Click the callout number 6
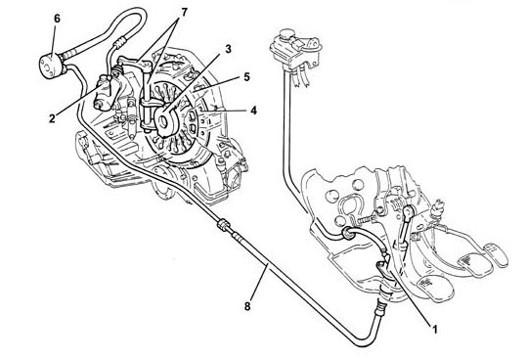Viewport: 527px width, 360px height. click(57, 19)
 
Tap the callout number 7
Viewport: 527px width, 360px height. click(184, 13)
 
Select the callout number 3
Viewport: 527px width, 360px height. click(228, 49)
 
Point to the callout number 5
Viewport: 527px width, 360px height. click(247, 77)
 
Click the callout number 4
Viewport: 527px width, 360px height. click(253, 111)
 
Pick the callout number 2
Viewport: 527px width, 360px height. click(52, 118)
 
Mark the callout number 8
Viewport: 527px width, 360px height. click(247, 306)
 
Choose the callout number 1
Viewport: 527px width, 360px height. click(434, 330)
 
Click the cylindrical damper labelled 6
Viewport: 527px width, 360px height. click(51, 66)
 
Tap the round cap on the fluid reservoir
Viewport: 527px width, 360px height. click(286, 33)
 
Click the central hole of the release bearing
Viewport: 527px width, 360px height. click(163, 121)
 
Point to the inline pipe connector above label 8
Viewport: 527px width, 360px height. click(224, 225)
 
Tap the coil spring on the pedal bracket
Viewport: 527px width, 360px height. click(367, 220)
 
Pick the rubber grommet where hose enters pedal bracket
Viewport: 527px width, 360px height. click(347, 234)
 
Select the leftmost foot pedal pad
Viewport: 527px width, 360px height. click(434, 288)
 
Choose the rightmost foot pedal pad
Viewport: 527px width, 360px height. click(496, 254)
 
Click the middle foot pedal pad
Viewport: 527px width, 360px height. click(474, 265)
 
